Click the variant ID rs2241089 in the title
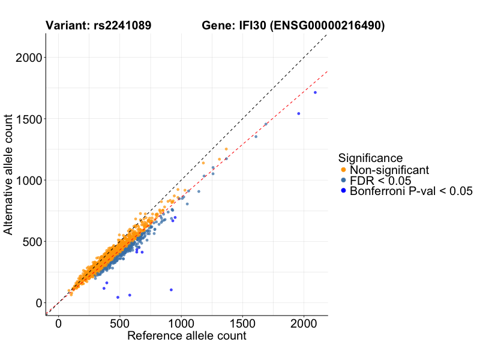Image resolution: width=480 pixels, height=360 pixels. pos(122,26)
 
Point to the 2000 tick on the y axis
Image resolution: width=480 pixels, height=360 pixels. pos(28,58)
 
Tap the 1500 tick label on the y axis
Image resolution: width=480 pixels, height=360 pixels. pos(28,119)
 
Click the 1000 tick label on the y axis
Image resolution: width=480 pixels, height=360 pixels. pos(28,180)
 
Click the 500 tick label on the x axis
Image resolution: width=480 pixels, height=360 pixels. pos(119,323)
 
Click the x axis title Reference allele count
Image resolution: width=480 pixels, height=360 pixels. pos(187,336)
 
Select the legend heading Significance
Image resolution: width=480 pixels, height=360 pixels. pos(370,158)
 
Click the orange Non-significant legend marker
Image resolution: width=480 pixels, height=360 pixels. pos(343,170)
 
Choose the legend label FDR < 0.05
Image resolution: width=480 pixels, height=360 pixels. pos(380,181)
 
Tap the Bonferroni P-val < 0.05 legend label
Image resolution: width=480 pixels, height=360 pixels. pos(411,191)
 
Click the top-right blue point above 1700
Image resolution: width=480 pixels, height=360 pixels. pos(315,92)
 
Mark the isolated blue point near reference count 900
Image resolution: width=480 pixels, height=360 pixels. pos(171,290)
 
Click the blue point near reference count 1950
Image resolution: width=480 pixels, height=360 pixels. pos(298,113)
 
